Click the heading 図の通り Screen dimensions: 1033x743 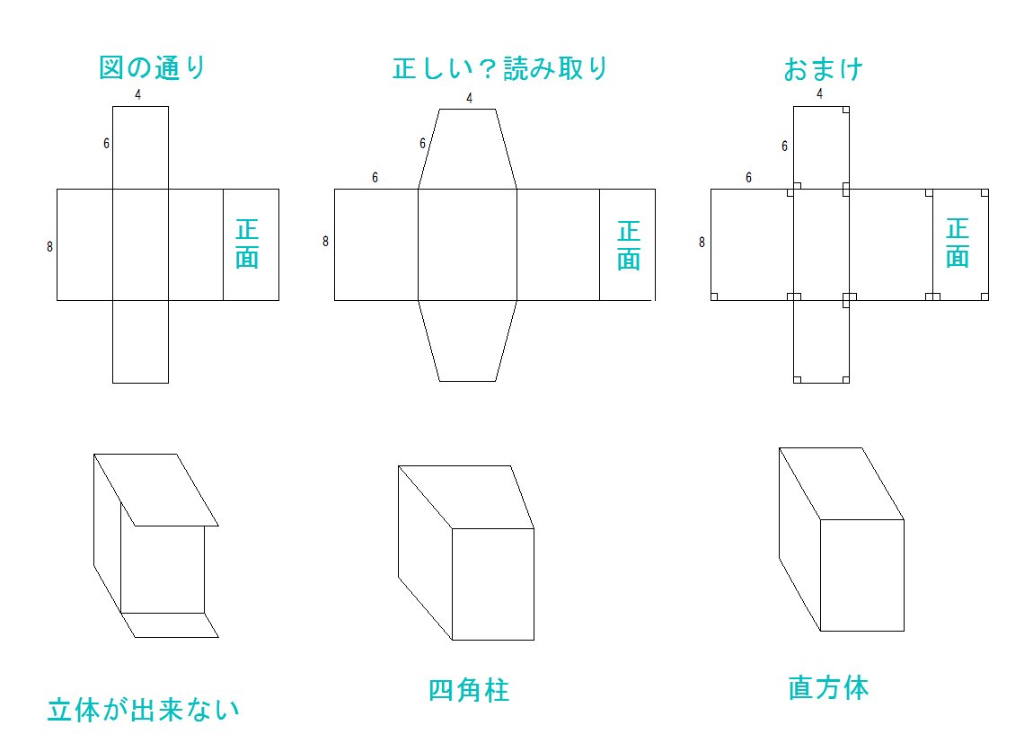tap(153, 68)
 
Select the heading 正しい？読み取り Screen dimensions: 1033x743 tap(501, 68)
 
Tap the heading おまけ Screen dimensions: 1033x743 tap(823, 68)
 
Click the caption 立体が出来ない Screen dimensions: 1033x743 tap(144, 711)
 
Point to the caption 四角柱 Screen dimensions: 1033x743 tap(469, 690)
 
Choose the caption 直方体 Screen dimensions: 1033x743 tap(828, 688)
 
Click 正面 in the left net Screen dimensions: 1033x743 tap(247, 243)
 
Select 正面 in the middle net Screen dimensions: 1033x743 tap(629, 245)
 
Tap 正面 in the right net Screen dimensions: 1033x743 tap(958, 243)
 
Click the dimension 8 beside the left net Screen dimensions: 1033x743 tap(50, 246)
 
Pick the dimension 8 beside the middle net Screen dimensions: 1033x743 tap(325, 241)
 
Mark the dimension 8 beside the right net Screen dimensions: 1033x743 tap(702, 242)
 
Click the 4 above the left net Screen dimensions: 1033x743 tap(137, 94)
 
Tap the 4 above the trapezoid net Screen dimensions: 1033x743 tap(469, 99)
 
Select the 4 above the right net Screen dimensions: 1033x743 tap(819, 93)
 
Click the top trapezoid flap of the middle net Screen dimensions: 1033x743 tap(467, 149)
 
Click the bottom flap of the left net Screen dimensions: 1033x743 tap(140, 341)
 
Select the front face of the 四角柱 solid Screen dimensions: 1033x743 tap(492, 584)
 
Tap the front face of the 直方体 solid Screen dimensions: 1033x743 tap(861, 575)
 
